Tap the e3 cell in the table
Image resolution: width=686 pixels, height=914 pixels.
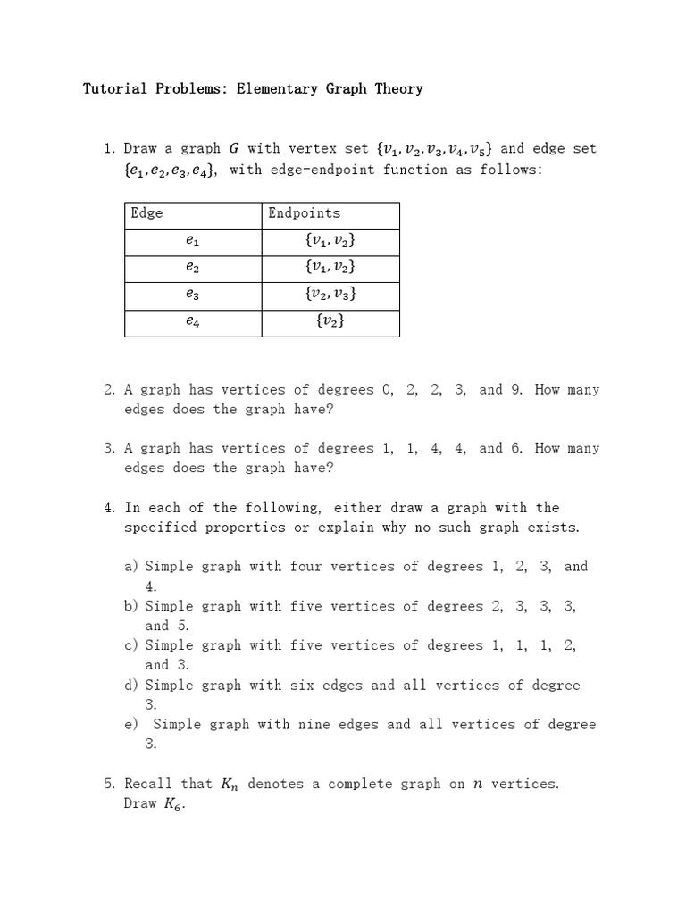[x=193, y=294]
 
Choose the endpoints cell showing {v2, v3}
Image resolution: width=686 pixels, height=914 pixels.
[x=330, y=294]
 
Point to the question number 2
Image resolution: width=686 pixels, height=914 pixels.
[x=109, y=390]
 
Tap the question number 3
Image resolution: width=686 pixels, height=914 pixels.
[x=109, y=449]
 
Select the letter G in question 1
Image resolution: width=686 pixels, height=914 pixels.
[x=235, y=148]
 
